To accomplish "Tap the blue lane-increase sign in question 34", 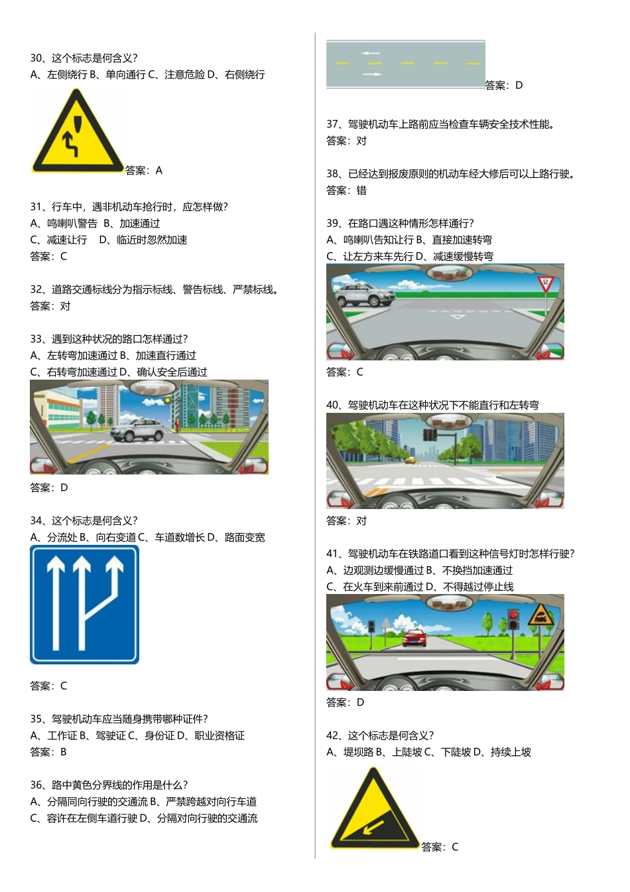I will click(84, 604).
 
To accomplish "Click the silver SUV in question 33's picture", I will click(138, 430).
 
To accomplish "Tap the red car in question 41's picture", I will click(414, 638).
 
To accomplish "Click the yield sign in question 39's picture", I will click(546, 285).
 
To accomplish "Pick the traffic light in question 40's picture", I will click(430, 435).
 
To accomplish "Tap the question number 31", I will click(36, 207).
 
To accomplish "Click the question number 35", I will click(36, 719).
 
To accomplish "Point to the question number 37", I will click(333, 124).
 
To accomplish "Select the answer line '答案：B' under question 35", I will click(48, 753).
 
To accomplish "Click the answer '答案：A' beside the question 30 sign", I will click(144, 171).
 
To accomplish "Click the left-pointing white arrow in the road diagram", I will click(370, 53).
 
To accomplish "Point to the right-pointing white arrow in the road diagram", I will click(372, 74).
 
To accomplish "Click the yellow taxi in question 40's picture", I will click(411, 459).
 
